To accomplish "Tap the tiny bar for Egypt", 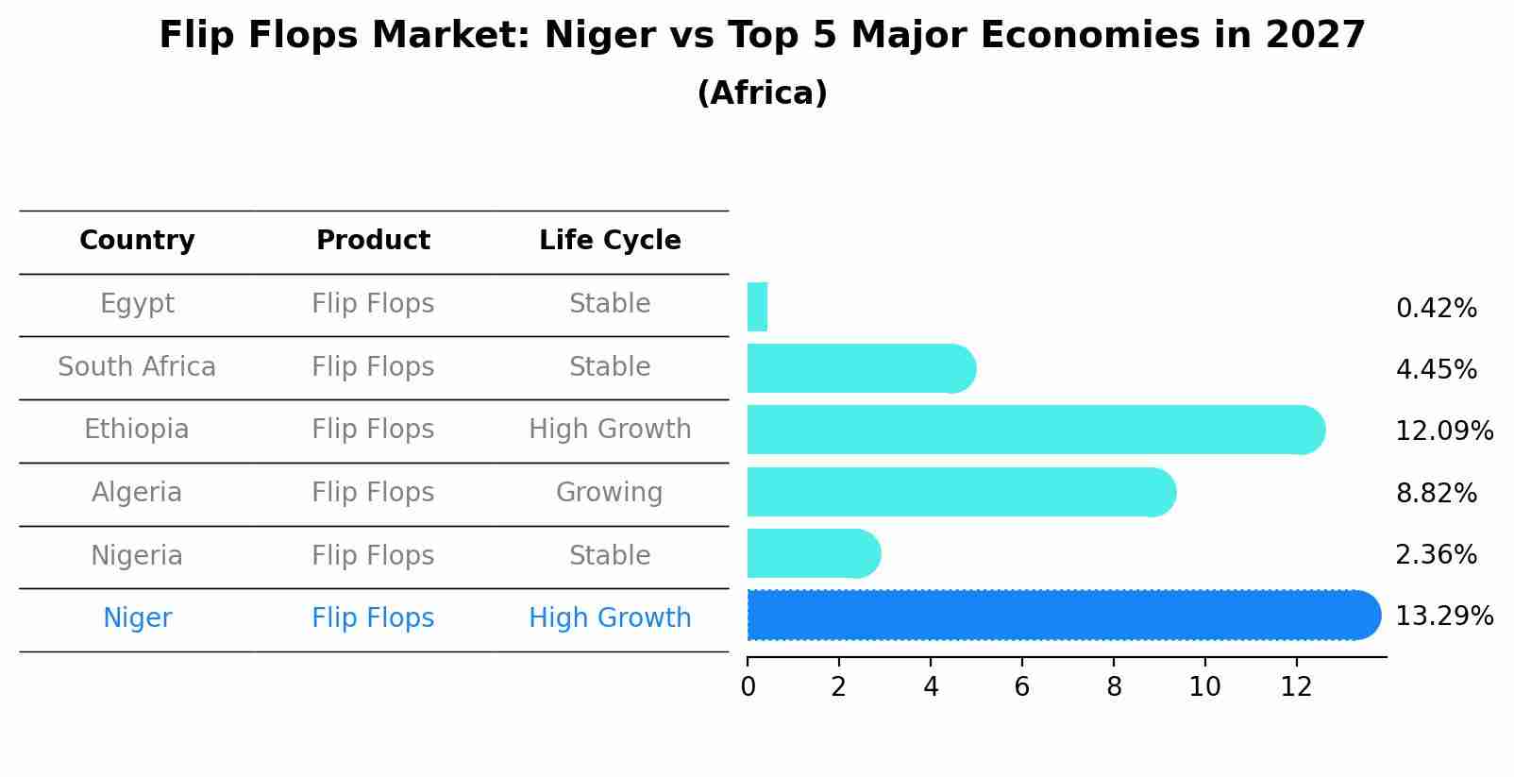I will [x=757, y=307].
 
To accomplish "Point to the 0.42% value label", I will [x=1436, y=309].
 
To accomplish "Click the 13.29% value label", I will [x=1443, y=617].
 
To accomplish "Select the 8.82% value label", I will [x=1436, y=493].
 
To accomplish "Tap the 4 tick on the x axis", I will [x=931, y=687].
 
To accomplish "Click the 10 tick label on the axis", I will [x=1204, y=687].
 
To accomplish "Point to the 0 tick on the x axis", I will [x=748, y=687].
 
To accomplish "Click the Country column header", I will [x=137, y=241].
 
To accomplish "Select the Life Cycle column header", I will [x=610, y=241].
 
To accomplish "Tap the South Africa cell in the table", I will [x=137, y=367].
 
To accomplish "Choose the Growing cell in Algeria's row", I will [x=610, y=493].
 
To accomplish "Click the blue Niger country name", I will [x=137, y=618].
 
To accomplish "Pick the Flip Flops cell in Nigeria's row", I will [x=373, y=556].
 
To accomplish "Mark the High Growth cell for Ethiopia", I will [x=610, y=430].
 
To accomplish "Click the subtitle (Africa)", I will [x=762, y=93].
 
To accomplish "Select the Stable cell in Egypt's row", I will [x=610, y=304].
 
